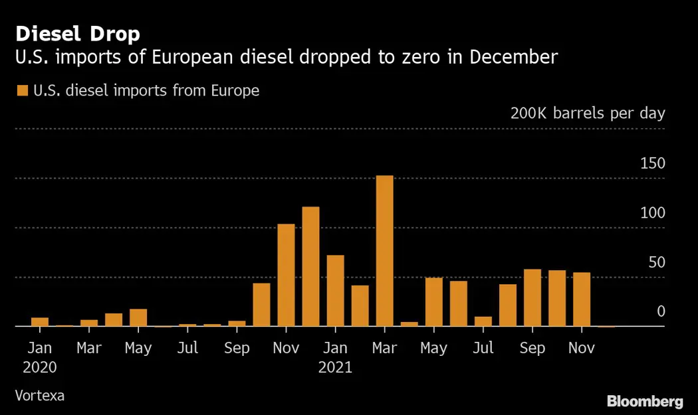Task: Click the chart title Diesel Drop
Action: (x=78, y=34)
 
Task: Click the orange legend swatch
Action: (x=23, y=90)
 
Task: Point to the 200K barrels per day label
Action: (x=588, y=113)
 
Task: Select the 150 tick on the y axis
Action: (x=652, y=163)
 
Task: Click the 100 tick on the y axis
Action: (x=652, y=213)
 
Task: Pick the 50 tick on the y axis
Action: (x=657, y=262)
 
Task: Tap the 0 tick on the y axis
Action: (x=661, y=311)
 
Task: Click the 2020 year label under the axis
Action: (x=39, y=367)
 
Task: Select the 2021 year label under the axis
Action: (x=335, y=367)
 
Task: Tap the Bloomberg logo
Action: (x=645, y=401)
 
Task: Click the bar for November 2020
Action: (x=286, y=275)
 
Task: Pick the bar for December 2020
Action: (x=310, y=266)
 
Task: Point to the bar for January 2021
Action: (x=335, y=291)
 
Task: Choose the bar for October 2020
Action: (x=261, y=305)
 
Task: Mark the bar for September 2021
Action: (x=532, y=297)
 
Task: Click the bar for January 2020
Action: (x=40, y=322)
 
